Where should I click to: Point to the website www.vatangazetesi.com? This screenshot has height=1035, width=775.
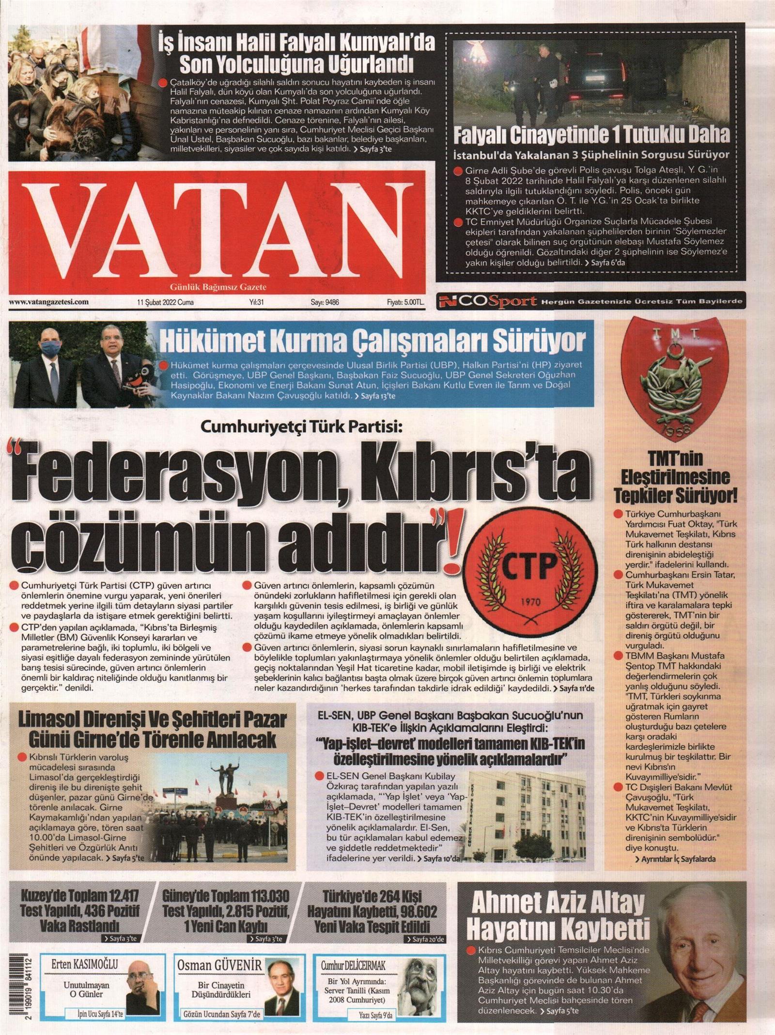click(48, 302)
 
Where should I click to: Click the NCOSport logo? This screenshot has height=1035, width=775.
click(486, 302)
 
